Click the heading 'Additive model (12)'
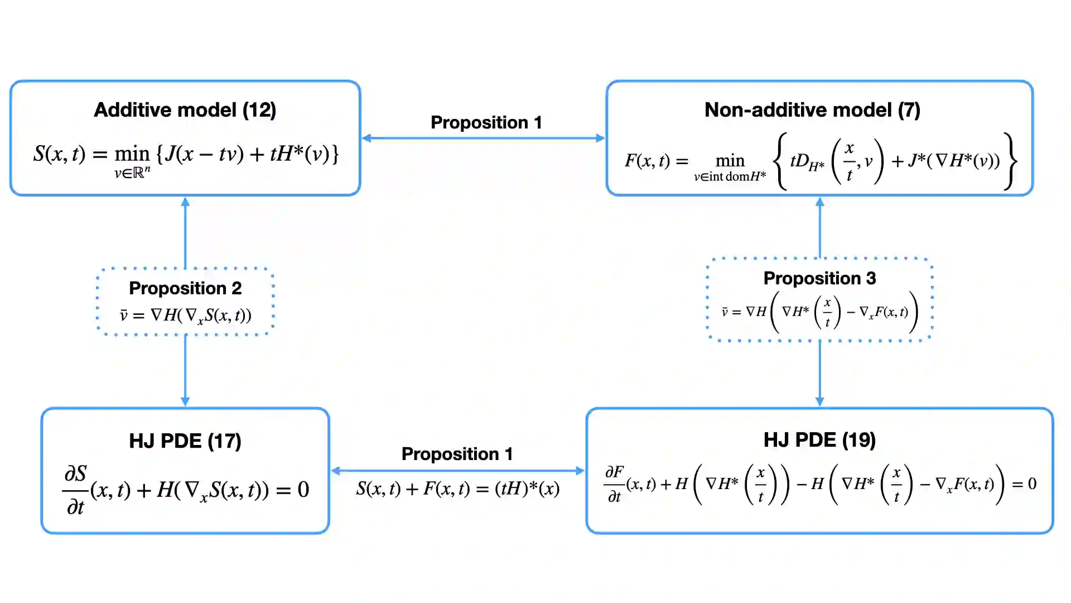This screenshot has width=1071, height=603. [x=185, y=110]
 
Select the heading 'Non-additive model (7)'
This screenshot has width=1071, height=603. [x=812, y=110]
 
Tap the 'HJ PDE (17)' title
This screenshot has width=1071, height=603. [x=185, y=441]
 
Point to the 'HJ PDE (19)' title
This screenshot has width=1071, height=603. [x=819, y=440]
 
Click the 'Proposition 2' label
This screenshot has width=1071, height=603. [x=185, y=288]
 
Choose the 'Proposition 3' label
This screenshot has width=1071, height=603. [x=819, y=278]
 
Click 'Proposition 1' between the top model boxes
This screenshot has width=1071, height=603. [x=486, y=122]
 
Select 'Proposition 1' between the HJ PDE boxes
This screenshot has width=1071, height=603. [x=457, y=454]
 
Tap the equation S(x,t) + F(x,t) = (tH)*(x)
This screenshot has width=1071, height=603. [x=457, y=489]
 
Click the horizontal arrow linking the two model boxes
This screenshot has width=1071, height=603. [x=483, y=138]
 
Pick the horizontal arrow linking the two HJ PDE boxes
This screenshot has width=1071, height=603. [x=457, y=471]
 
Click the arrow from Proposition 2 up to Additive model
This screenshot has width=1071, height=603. [x=185, y=232]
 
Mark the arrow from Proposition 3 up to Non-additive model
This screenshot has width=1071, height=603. [x=819, y=227]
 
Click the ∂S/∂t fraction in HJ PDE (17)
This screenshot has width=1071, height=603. [x=75, y=490]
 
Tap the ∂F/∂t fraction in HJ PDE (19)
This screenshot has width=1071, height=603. [x=614, y=484]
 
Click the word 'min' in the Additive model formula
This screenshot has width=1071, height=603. [x=132, y=154]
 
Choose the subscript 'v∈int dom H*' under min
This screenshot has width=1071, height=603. [x=730, y=177]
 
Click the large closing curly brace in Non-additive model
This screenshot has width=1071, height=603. [x=1010, y=161]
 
